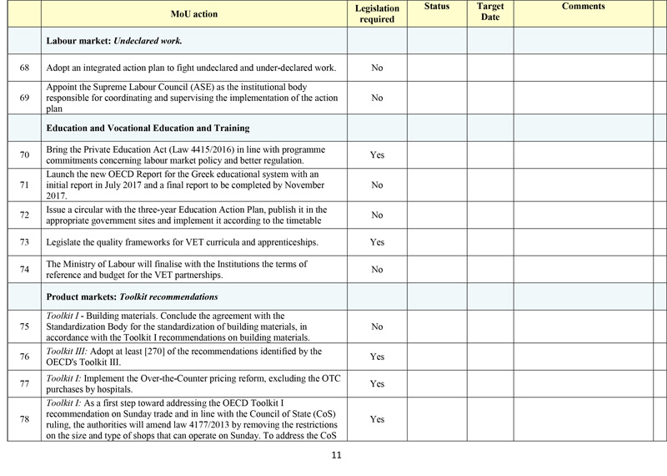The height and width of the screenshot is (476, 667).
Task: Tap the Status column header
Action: [x=436, y=7]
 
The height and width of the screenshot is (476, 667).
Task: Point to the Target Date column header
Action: [x=489, y=12]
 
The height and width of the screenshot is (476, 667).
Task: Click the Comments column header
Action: [x=583, y=7]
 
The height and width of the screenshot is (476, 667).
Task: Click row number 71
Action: [x=24, y=185]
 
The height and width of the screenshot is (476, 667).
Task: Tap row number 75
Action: [x=24, y=327]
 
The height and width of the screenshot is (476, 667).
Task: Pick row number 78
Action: [x=24, y=419]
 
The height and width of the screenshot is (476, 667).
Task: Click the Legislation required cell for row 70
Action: [x=376, y=155]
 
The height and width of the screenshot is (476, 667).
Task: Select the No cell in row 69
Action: [x=376, y=98]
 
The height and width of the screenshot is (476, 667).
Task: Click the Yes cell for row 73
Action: [x=376, y=242]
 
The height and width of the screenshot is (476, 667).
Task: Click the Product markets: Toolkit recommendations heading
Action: [x=133, y=296]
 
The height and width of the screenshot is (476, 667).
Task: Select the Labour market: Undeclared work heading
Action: [x=114, y=40]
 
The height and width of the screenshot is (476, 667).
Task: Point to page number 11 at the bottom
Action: [x=337, y=456]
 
